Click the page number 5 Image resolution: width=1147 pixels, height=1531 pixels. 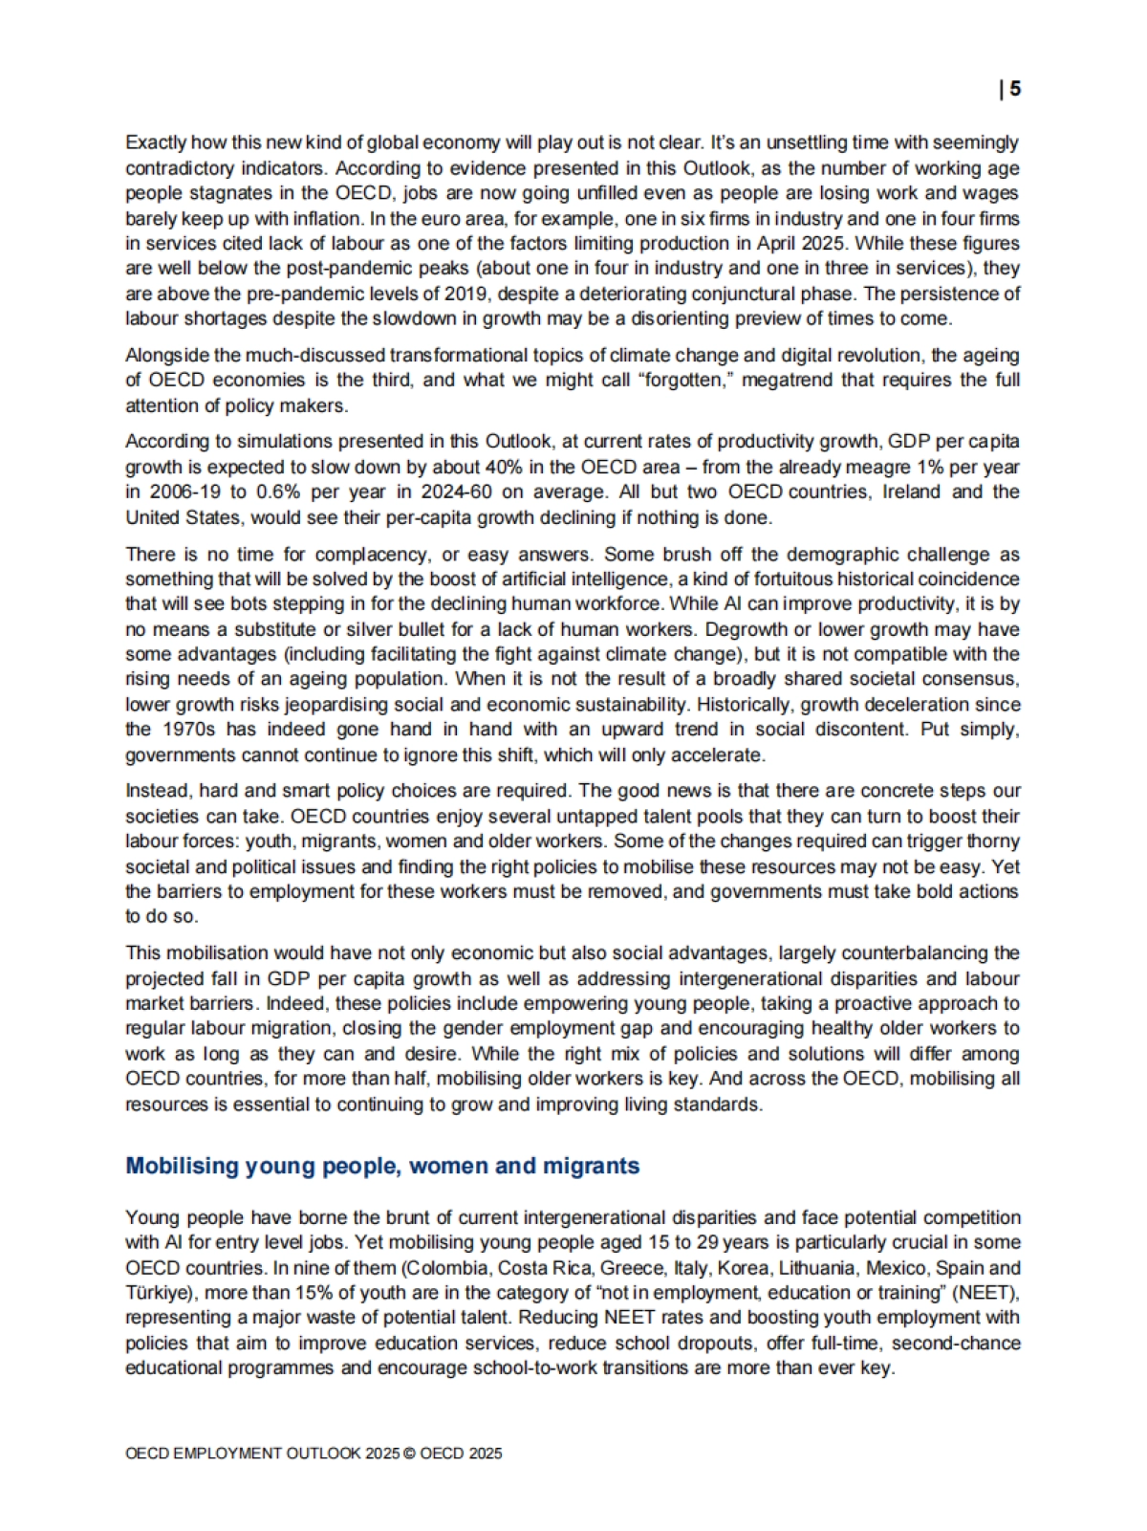1015,89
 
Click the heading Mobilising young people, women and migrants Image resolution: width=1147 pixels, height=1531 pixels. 382,1166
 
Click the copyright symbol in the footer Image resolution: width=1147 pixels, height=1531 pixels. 409,1454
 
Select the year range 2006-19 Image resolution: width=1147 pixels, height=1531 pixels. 183,492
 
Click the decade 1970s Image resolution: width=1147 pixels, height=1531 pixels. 195,729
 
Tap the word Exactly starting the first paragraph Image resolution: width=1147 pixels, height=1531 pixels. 156,142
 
